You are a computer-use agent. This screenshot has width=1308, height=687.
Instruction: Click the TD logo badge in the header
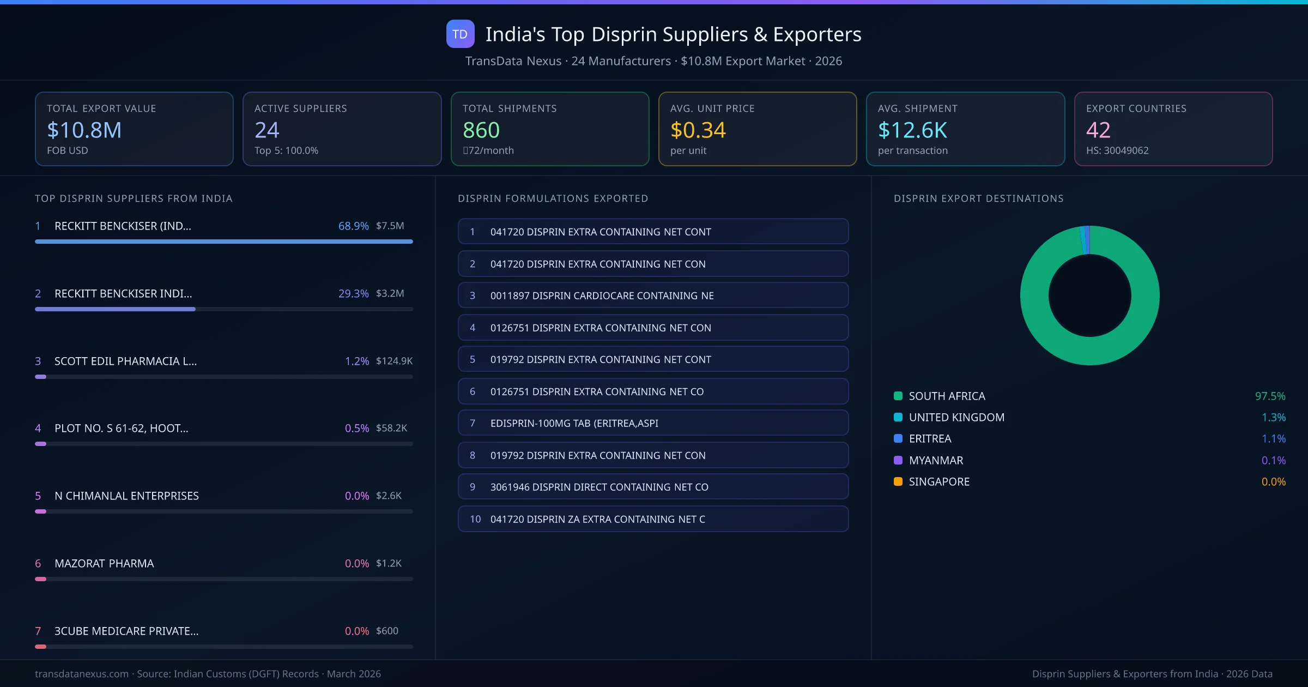[460, 34]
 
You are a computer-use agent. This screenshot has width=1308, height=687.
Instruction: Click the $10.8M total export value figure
[84, 130]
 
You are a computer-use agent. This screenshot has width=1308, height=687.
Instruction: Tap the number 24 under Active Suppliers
[267, 130]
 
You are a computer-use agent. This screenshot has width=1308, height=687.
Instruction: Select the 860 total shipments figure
[481, 130]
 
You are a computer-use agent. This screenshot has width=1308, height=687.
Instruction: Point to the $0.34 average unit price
[698, 130]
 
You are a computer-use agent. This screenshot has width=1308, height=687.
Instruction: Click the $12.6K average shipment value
[913, 130]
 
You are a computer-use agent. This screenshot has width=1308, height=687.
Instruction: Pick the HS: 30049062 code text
[1117, 150]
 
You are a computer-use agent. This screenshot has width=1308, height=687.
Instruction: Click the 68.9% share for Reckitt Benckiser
[353, 226]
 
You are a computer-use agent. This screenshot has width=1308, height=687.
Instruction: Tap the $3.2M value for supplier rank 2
[390, 293]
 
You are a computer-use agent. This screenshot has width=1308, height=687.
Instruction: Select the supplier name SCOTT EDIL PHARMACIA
[125, 361]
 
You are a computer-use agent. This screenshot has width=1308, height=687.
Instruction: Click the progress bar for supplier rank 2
[223, 309]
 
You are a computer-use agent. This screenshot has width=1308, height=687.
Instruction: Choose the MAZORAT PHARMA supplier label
[104, 563]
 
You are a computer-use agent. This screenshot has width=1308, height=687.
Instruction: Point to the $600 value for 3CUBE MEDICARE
[387, 631]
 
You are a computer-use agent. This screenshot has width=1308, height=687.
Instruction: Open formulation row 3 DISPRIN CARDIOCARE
[653, 296]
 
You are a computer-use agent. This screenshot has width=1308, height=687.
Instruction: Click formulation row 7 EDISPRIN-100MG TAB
[653, 423]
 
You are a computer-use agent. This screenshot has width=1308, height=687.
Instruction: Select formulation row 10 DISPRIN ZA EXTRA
[653, 519]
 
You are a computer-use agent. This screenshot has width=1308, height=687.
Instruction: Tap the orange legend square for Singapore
[898, 481]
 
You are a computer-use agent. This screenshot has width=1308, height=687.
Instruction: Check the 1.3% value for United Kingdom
[1274, 418]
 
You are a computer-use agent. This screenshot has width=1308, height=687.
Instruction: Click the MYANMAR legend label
[936, 460]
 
